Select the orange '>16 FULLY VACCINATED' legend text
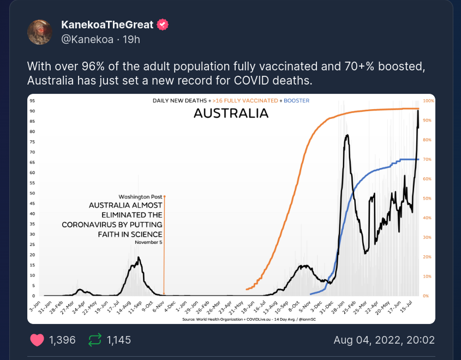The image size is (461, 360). pos(245,101)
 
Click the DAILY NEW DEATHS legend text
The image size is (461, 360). pos(180,101)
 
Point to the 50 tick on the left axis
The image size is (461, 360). pos(33,193)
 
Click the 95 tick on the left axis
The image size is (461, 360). pos(33,101)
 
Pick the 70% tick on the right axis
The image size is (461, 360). pos(428,159)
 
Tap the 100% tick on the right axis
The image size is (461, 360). pos(428,101)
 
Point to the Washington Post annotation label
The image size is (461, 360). pos(140,196)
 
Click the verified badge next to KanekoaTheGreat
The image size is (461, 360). pos(163,25)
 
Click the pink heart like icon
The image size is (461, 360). pos(37,340)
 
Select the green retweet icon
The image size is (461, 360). pos(95,340)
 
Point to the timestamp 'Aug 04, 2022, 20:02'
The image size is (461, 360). pos(384,340)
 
